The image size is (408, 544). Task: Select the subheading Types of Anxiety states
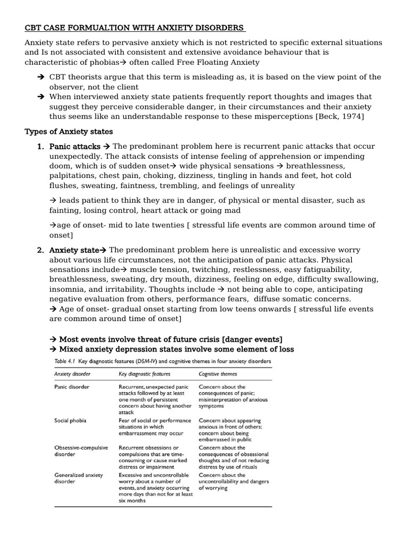pyautogui.click(x=69, y=131)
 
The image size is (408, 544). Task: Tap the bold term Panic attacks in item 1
pyautogui.click(x=74, y=146)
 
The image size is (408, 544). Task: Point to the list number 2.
pyautogui.click(x=40, y=250)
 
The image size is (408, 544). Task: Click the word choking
pyautogui.click(x=163, y=175)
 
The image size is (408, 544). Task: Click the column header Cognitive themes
pyautogui.click(x=218, y=373)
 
